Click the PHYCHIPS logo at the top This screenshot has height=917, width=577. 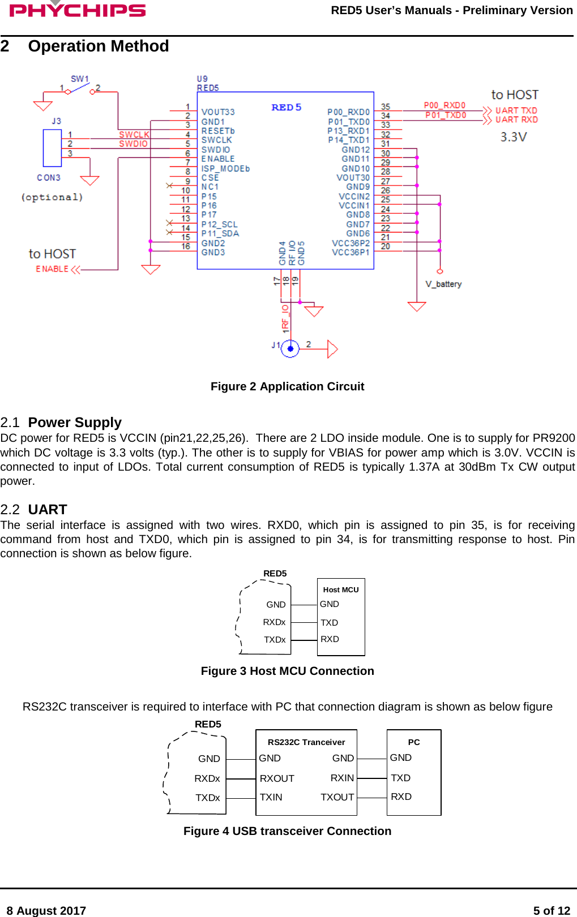(78, 10)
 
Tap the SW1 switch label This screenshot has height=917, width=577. (79, 79)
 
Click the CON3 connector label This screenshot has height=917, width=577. (49, 178)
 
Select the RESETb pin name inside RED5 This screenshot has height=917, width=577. (218, 131)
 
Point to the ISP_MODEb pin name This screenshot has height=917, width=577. (225, 169)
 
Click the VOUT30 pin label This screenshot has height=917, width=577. (353, 178)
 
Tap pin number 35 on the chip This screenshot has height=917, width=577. (386, 106)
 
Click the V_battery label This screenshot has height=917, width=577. (443, 284)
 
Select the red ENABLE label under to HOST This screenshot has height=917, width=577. (52, 269)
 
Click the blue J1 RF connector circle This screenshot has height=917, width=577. (290, 348)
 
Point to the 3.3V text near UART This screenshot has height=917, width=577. (514, 137)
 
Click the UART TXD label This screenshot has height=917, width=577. (516, 110)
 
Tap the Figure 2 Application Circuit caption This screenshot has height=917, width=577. (287, 386)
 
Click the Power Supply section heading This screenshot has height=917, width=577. (75, 423)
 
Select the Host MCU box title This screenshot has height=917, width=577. (341, 589)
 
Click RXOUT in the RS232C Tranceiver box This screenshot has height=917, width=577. (277, 778)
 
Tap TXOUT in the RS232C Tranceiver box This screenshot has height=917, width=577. (337, 797)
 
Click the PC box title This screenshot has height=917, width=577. (414, 742)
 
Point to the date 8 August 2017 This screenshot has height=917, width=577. (46, 910)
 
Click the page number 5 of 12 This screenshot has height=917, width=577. (551, 910)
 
